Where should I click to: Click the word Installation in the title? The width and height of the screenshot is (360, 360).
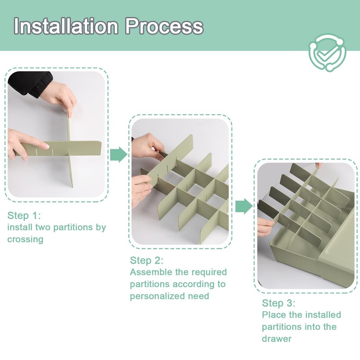(66, 26)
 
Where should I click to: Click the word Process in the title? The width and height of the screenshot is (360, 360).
(164, 26)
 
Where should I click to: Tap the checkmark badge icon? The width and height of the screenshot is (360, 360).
(328, 53)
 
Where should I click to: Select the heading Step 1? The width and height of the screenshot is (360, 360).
(24, 216)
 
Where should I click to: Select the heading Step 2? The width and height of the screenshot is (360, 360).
(147, 261)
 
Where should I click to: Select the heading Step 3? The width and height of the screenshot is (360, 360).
(279, 303)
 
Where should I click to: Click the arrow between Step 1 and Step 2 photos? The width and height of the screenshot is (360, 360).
(118, 155)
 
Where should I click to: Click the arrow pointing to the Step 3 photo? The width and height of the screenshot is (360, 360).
(244, 206)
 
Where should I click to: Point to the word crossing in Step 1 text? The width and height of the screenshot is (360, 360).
(25, 239)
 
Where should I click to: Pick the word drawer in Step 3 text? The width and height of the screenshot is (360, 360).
(277, 339)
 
